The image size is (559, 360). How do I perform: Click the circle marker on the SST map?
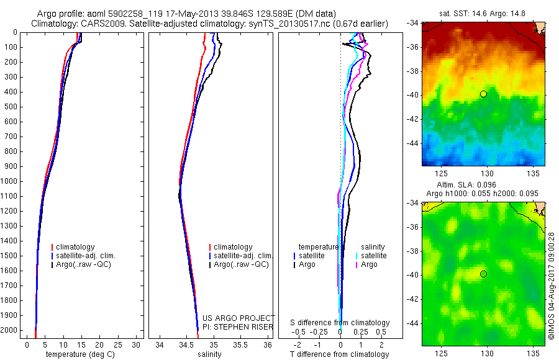point(483,94)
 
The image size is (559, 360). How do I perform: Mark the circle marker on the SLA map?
point(483,274)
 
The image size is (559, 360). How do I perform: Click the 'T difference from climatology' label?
point(340,354)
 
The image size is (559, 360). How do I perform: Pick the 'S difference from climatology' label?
point(340,323)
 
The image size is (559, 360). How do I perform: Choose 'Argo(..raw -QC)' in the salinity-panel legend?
point(241,264)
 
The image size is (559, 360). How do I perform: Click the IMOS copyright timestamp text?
point(551,286)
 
